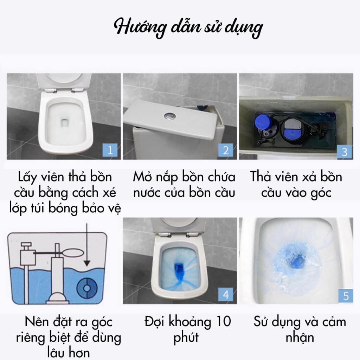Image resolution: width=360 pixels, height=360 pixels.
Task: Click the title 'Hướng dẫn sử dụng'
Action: pyautogui.click(x=188, y=28)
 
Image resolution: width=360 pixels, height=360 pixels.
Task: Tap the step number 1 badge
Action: pyautogui.click(x=110, y=150)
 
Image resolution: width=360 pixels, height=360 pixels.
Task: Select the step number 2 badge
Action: pyautogui.click(x=226, y=150)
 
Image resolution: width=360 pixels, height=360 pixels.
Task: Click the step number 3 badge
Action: pyautogui.click(x=345, y=152)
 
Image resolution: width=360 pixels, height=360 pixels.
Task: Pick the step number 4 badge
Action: pyautogui.click(x=226, y=294)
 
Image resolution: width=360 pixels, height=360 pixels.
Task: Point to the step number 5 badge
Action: pyautogui.click(x=346, y=296)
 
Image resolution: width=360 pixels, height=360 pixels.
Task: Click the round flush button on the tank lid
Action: pyautogui.click(x=170, y=115)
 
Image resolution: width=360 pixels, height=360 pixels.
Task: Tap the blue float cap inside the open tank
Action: pyautogui.click(x=262, y=122)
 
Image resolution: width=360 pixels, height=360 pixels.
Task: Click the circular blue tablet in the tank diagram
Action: pyautogui.click(x=87, y=288)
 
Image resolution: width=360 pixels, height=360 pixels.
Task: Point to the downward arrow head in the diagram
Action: pyautogui.click(x=87, y=263)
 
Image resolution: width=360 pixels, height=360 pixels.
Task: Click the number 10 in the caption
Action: pyautogui.click(x=223, y=321)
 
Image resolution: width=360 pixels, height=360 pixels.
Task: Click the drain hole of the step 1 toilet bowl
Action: pyautogui.click(x=65, y=122)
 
